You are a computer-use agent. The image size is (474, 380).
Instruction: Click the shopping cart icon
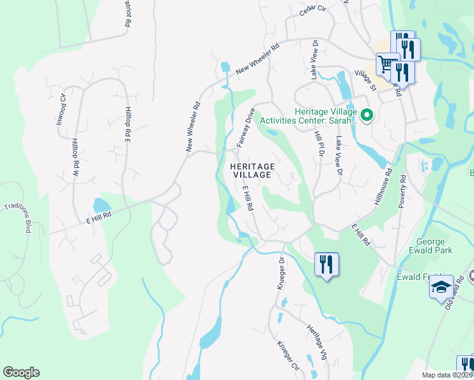click(x=387, y=63)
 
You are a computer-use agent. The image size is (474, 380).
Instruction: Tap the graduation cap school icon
click(x=440, y=288)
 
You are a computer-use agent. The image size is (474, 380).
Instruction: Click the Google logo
click(x=22, y=372)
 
